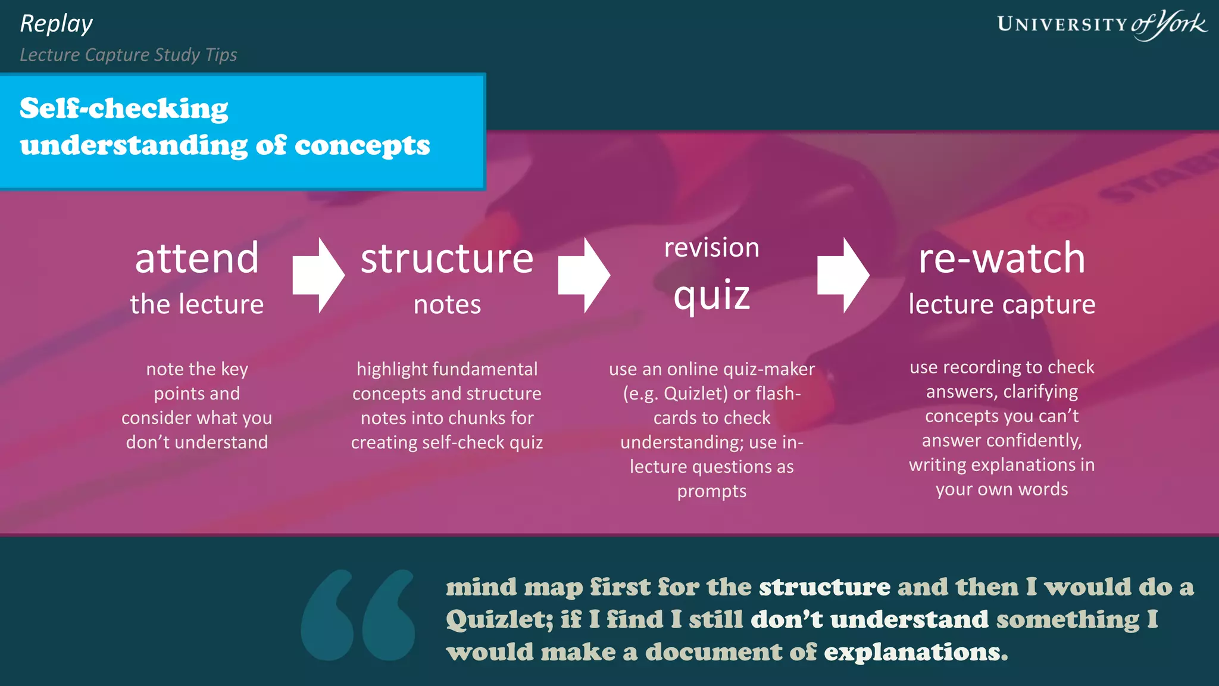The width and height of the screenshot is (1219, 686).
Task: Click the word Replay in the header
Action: (x=56, y=24)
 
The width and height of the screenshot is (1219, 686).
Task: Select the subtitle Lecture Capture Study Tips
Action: (x=128, y=55)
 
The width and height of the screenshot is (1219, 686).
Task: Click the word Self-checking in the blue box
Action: (x=124, y=108)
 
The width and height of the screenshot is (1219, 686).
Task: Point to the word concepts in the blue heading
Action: (x=362, y=145)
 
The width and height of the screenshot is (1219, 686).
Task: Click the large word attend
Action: (x=197, y=258)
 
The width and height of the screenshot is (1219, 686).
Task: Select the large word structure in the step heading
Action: (x=447, y=258)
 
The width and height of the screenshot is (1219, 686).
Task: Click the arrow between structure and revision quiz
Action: (x=584, y=275)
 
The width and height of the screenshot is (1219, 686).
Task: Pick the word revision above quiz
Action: (x=711, y=248)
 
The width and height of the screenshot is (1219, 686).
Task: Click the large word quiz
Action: (x=711, y=295)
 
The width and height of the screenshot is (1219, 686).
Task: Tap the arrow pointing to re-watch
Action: (x=843, y=275)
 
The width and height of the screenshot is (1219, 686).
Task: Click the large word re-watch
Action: (x=1002, y=258)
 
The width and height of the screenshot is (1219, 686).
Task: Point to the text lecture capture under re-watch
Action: (x=1002, y=304)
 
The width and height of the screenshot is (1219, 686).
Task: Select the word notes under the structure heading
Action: (x=447, y=304)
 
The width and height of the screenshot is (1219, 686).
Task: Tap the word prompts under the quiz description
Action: (x=711, y=491)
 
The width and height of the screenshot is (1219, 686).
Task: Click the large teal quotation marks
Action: (x=358, y=615)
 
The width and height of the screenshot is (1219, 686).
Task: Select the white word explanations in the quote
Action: (x=915, y=652)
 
